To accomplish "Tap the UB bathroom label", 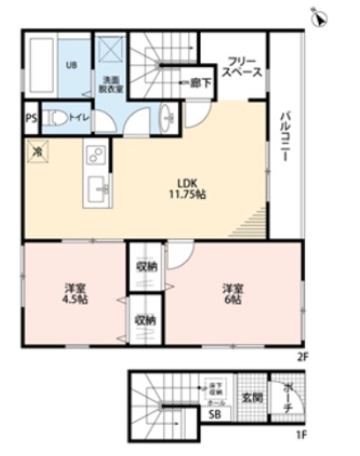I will pyautogui.click(x=71, y=66).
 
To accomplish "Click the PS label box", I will pyautogui.click(x=30, y=118).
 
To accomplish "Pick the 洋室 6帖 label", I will pyautogui.click(x=231, y=292).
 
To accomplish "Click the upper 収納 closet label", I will pyautogui.click(x=146, y=266).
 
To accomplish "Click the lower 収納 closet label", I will pyautogui.click(x=146, y=320).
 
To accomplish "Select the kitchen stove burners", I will pyautogui.click(x=94, y=153).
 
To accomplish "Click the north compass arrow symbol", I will pyautogui.click(x=320, y=16).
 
